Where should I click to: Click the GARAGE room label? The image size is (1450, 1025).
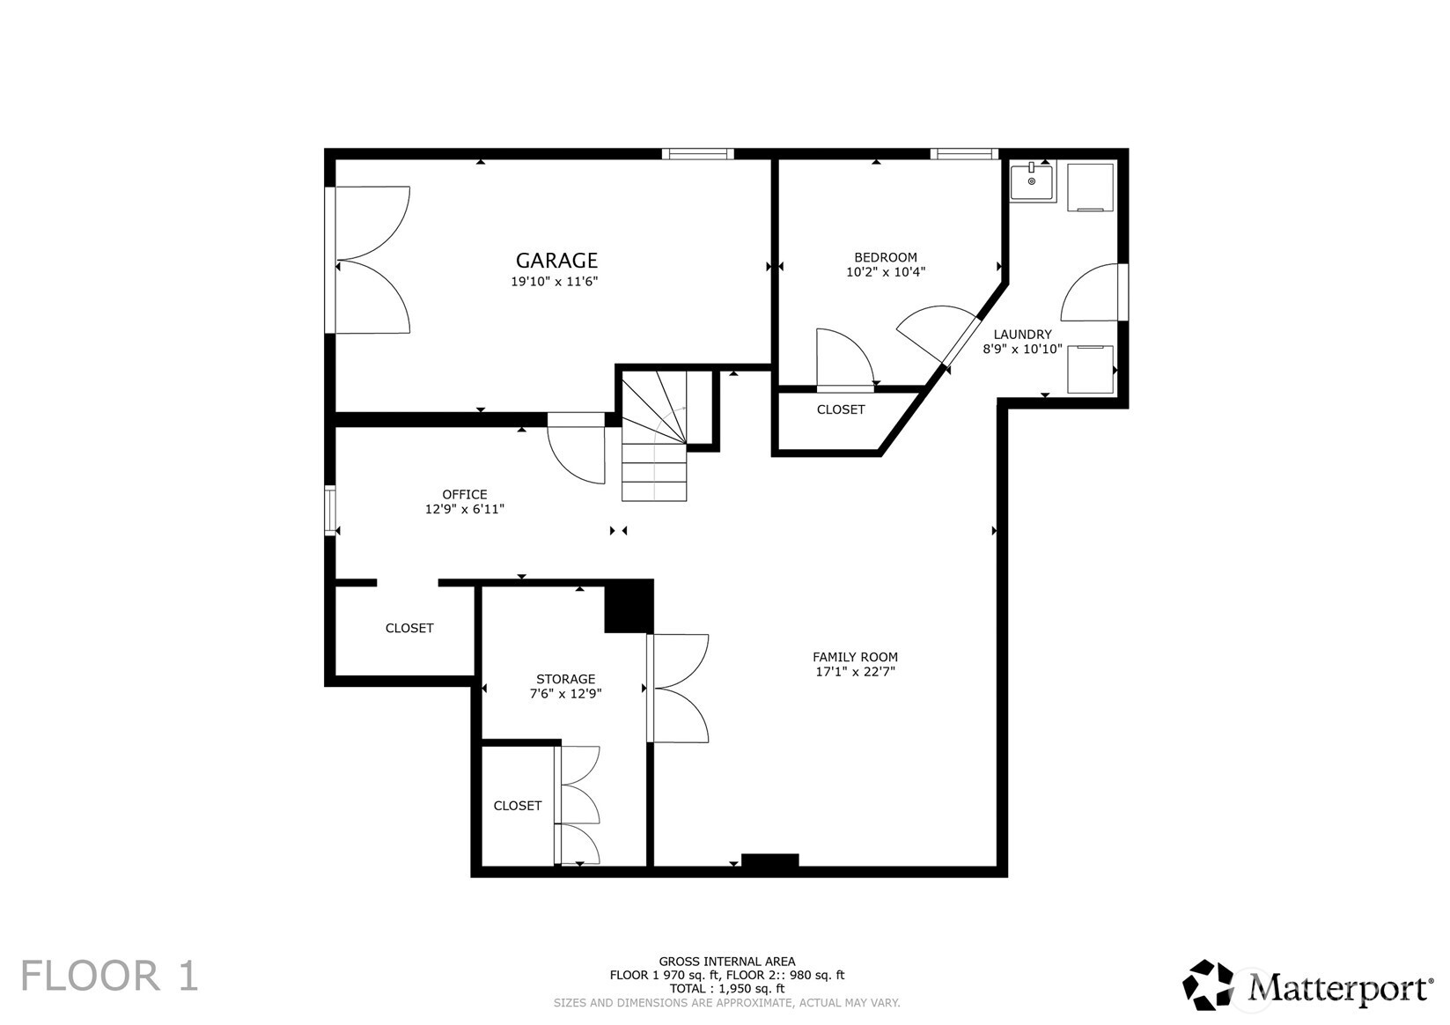tap(556, 261)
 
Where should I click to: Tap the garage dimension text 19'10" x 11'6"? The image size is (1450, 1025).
tap(554, 282)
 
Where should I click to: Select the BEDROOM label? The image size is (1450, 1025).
tap(886, 257)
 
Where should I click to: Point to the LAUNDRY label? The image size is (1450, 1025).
tap(1022, 334)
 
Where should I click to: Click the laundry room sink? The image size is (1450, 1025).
tap(1032, 182)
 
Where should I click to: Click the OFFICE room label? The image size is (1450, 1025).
tap(465, 495)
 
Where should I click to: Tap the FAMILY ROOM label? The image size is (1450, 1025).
tap(855, 657)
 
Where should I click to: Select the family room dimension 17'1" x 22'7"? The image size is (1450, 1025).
tap(855, 672)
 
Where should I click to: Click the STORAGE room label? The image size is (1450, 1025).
tap(565, 679)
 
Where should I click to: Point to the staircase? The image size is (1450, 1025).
tap(654, 435)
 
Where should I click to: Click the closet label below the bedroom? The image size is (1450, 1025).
tap(840, 409)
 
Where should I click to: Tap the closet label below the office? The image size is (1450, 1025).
tap(409, 628)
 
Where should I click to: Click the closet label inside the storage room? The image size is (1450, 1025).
tap(517, 806)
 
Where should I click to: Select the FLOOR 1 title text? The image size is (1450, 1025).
tap(109, 976)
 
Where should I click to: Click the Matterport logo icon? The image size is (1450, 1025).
tap(1207, 984)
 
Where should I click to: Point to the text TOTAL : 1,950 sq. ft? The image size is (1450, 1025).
tap(726, 989)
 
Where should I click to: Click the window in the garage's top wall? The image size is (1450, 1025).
tap(698, 153)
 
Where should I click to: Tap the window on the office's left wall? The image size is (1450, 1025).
tap(330, 510)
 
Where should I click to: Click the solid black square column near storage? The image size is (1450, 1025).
tap(629, 607)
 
